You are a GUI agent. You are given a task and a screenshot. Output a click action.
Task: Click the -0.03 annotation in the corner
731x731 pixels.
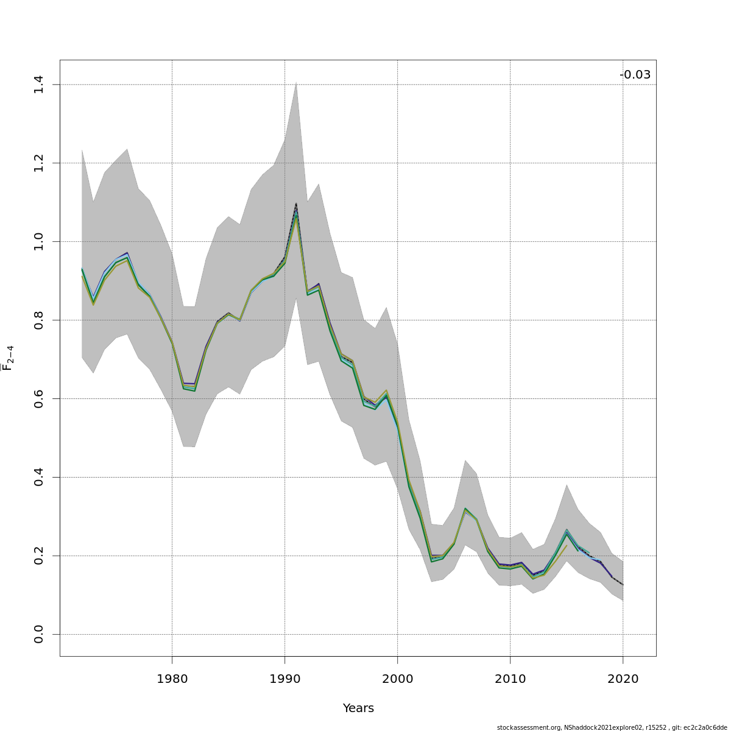635,75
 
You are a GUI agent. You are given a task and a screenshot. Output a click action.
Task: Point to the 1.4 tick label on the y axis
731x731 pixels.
38,84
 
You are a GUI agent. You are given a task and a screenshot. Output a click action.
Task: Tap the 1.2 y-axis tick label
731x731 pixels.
38,163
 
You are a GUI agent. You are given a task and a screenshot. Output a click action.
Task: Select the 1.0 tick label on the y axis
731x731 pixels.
38,241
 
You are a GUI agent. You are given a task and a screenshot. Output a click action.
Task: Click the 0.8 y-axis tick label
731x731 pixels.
38,320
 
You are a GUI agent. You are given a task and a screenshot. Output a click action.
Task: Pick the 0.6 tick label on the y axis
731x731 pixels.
38,398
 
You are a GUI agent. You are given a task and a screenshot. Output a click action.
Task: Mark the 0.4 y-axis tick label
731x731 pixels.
38,477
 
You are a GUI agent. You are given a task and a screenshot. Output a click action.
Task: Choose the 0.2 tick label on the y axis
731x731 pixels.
38,556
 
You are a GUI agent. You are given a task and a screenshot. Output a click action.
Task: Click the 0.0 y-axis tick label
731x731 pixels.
38,634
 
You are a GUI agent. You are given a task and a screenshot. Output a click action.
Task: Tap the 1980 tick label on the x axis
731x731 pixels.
172,679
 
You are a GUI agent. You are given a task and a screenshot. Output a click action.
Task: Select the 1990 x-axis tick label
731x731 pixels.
284,679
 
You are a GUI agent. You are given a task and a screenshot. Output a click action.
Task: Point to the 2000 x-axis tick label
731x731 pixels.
397,679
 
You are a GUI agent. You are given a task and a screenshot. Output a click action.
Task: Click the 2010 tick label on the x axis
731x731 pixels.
510,679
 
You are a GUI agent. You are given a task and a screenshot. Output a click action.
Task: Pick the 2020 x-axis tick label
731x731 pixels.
623,679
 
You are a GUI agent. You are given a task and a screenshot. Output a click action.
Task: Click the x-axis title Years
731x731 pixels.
358,708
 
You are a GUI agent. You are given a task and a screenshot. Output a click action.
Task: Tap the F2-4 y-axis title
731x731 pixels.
9,358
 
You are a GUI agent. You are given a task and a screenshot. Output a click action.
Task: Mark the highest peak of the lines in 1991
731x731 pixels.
296,204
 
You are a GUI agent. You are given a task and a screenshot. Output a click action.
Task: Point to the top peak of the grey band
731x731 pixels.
296,82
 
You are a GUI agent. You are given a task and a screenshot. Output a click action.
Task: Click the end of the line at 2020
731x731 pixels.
623,585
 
